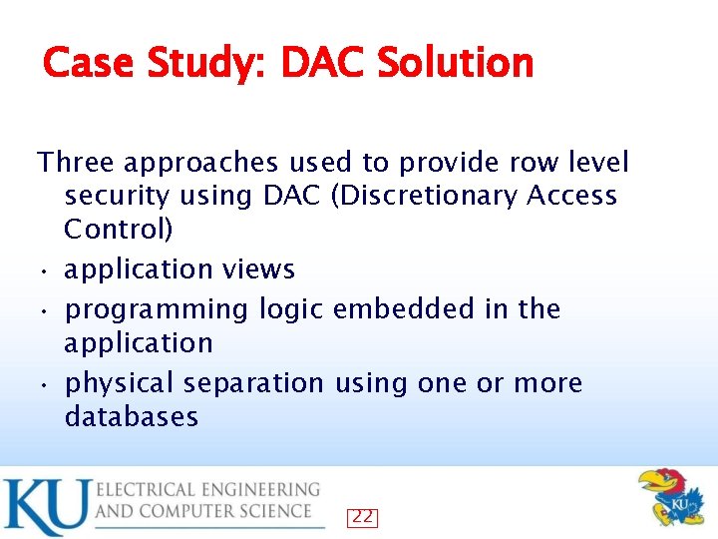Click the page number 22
362,517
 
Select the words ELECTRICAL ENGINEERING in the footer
208,490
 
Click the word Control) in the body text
119,231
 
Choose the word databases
132,417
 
